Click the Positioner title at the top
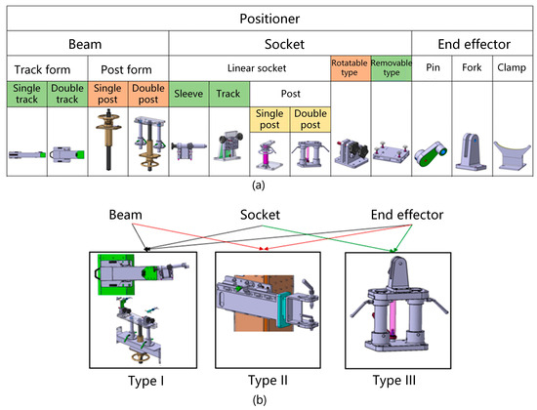point(269,19)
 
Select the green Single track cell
point(26,94)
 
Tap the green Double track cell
point(67,94)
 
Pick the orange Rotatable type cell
point(351,68)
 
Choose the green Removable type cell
point(392,68)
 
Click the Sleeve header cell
point(188,94)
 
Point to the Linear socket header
point(257,68)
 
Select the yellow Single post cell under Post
point(269,119)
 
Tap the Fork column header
point(472,67)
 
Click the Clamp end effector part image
point(512,155)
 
